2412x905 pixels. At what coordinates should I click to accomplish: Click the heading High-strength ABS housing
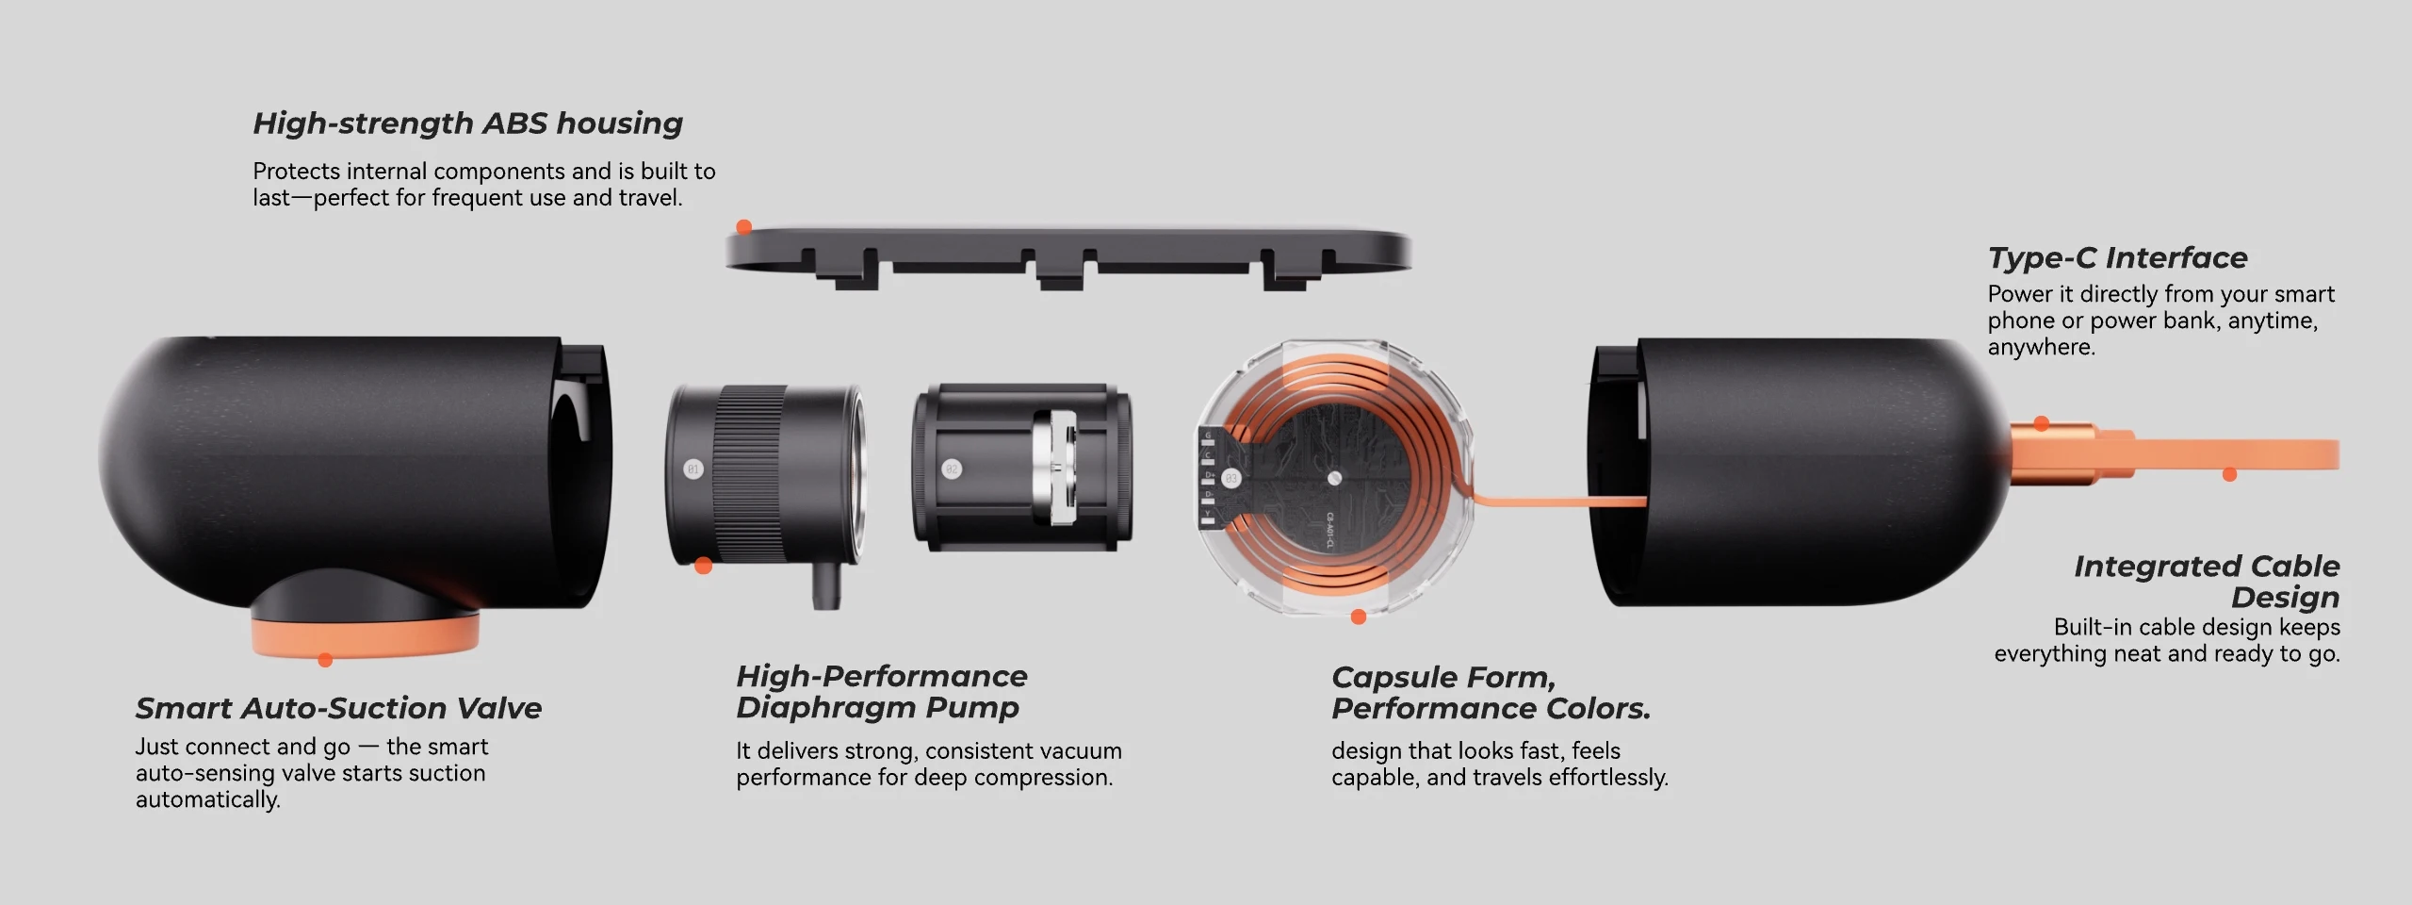[x=467, y=123]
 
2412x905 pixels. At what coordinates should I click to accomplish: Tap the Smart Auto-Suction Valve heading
[x=338, y=708]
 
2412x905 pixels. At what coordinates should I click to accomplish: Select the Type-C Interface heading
[x=2117, y=257]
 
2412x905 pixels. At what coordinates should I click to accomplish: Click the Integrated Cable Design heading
[x=2207, y=581]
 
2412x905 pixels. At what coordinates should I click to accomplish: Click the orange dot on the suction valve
[x=325, y=660]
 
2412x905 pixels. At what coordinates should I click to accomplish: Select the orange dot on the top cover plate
[x=743, y=226]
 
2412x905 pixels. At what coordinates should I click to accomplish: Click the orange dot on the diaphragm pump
[x=703, y=566]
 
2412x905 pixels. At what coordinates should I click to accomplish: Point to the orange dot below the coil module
[x=1358, y=617]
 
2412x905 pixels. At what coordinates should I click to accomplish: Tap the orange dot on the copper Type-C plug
[x=2041, y=423]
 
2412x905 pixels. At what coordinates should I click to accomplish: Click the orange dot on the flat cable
[x=2229, y=474]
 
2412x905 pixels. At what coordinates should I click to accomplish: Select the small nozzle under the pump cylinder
[x=825, y=585]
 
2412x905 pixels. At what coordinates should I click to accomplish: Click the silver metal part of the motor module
[x=1055, y=468]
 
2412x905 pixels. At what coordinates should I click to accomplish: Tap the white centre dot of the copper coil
[x=1334, y=478]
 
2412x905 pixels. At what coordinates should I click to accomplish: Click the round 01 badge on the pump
[x=693, y=469]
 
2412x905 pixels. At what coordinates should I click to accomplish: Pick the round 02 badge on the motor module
[x=952, y=469]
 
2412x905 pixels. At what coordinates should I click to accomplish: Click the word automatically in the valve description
[x=208, y=799]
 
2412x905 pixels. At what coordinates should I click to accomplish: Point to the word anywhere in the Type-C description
[x=2042, y=347]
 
